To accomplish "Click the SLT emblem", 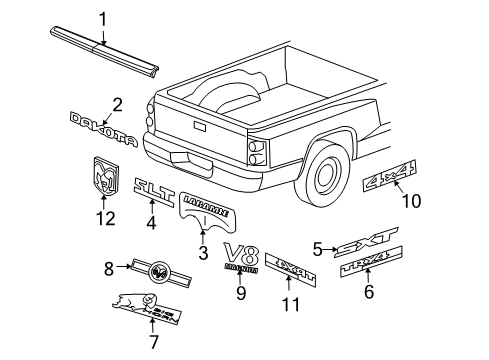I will coord(154,186).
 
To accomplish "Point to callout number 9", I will coord(240,292).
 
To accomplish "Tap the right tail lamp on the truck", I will coord(257,149).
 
